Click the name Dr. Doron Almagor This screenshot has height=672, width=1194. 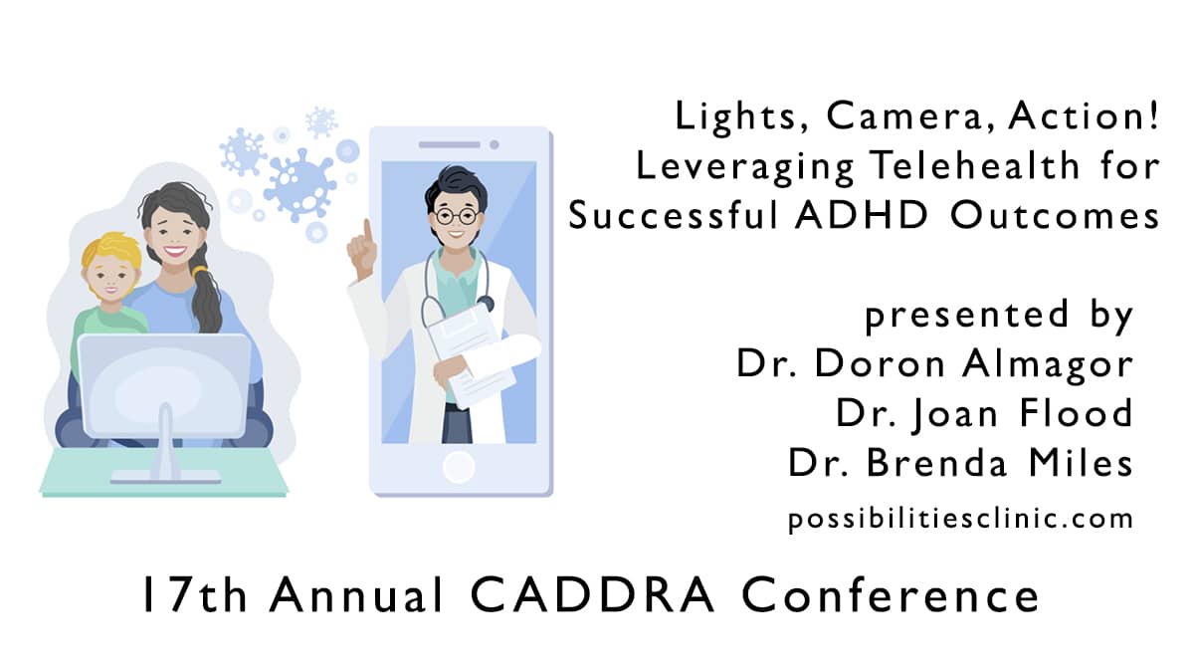pyautogui.click(x=934, y=363)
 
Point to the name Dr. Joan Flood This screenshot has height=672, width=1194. pyautogui.click(x=984, y=413)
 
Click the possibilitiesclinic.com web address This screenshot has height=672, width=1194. pyautogui.click(x=960, y=519)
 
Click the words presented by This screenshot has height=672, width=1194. pyautogui.click(x=999, y=316)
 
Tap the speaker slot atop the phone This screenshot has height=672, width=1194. pyautogui.click(x=449, y=144)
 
